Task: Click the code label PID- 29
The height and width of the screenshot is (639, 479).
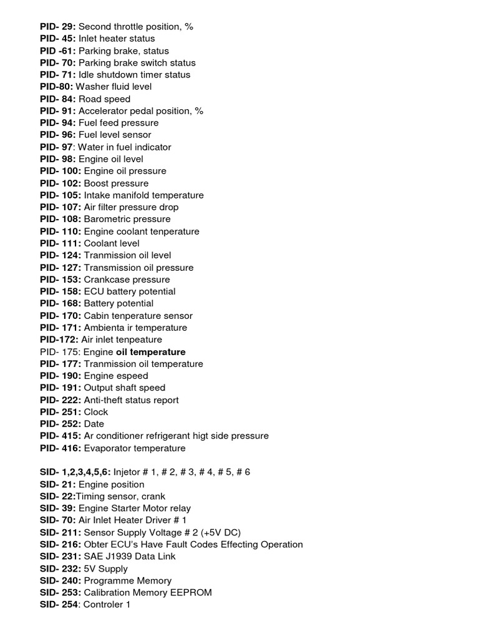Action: (x=57, y=27)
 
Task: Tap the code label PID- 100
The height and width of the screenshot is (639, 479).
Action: (x=60, y=171)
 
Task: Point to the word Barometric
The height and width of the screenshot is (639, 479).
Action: (x=107, y=219)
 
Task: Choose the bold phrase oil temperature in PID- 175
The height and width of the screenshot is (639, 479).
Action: (x=151, y=352)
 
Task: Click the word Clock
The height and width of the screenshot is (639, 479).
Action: (x=96, y=412)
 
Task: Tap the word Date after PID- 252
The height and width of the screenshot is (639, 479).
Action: (x=94, y=424)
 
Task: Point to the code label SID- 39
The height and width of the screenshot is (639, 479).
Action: (x=57, y=509)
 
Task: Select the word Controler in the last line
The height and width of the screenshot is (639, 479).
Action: (x=104, y=605)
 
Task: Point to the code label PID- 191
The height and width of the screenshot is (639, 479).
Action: (x=60, y=388)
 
